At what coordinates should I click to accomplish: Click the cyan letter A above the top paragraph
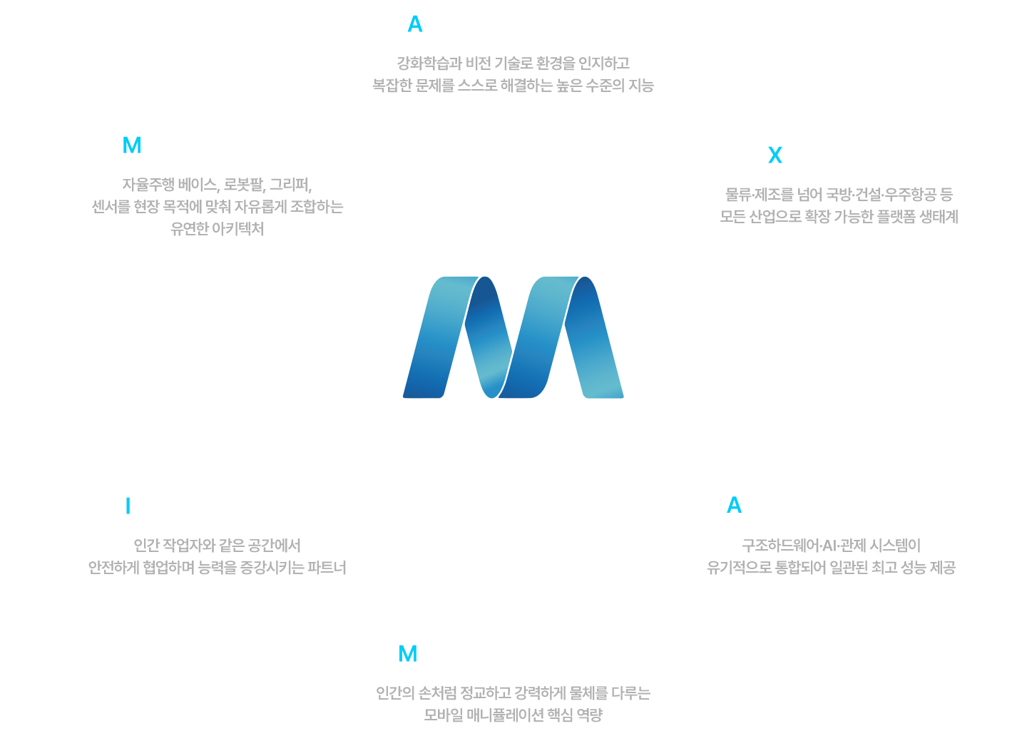point(414,24)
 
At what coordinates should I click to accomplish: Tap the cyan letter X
point(775,155)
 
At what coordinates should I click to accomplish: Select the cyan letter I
point(128,506)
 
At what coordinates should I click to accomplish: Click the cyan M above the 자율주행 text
point(132,145)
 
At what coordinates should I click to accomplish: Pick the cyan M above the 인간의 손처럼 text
point(407,653)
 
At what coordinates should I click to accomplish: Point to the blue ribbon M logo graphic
point(513,337)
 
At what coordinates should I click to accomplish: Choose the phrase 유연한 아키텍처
point(217,229)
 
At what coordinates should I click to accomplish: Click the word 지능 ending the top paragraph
point(640,86)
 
